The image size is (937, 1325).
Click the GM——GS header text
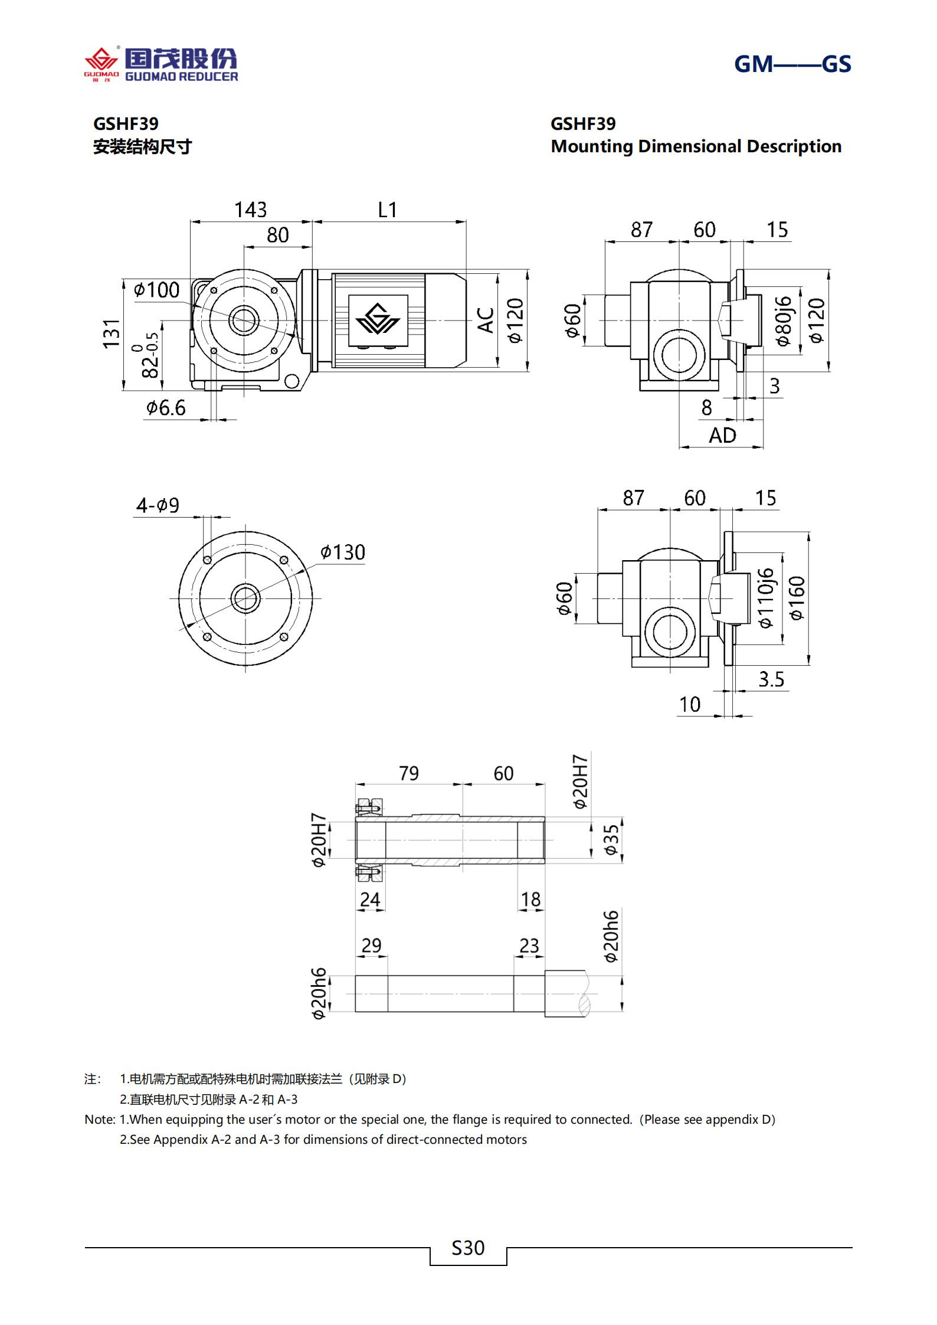pos(792,64)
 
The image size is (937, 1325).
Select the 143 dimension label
pos(250,210)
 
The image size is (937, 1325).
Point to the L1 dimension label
pos(388,210)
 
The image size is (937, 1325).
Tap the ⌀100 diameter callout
pos(156,290)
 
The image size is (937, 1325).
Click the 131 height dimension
pos(112,334)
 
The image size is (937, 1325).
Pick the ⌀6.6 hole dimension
pos(166,408)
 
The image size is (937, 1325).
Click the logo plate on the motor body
pos(378,320)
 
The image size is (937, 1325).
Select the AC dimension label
pos(486,320)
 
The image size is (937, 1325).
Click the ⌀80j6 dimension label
pos(783,321)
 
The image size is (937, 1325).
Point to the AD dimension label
pos(722,436)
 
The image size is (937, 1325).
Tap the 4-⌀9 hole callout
pos(158,506)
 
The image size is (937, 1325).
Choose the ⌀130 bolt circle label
pos(343,552)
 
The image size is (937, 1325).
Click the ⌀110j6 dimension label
pos(765,598)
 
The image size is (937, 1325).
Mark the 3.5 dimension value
pos(771,679)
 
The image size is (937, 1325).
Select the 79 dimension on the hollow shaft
pos(409,773)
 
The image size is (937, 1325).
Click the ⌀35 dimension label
pos(611,839)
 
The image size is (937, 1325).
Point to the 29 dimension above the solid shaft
pos(371,946)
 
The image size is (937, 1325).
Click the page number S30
pos(468,1248)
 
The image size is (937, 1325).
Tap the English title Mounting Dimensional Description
pos(696,146)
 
